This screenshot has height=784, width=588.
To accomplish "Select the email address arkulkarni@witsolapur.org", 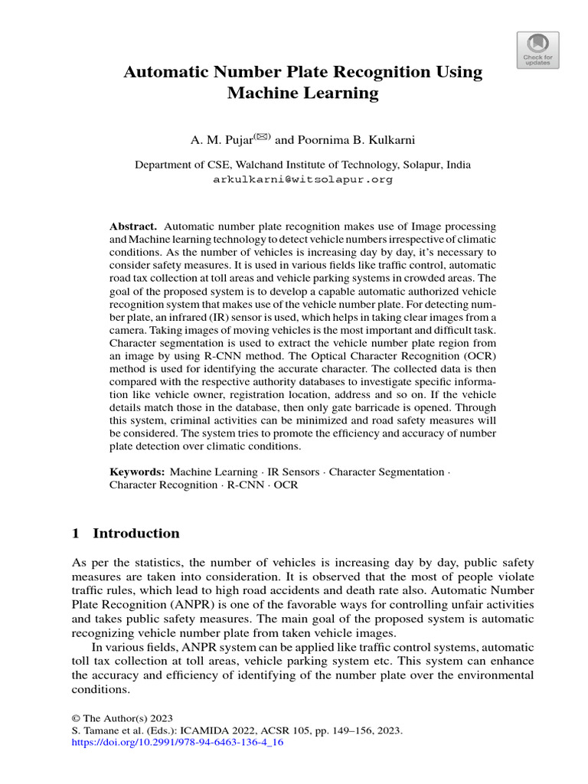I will (302, 179).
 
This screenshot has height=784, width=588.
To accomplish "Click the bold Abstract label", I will (133, 227).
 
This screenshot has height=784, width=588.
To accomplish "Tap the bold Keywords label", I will (137, 472).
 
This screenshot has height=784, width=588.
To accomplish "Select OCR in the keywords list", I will (286, 485).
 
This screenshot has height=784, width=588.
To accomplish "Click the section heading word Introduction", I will (136, 534).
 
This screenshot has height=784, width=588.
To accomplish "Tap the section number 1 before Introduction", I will (75, 534).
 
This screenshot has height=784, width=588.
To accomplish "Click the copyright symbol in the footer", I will (75, 719).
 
